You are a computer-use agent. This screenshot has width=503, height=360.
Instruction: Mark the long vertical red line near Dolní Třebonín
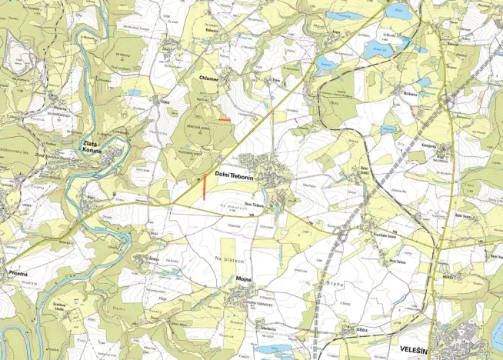click(204, 188)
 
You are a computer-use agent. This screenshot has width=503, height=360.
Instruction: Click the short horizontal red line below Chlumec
click(224, 120)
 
